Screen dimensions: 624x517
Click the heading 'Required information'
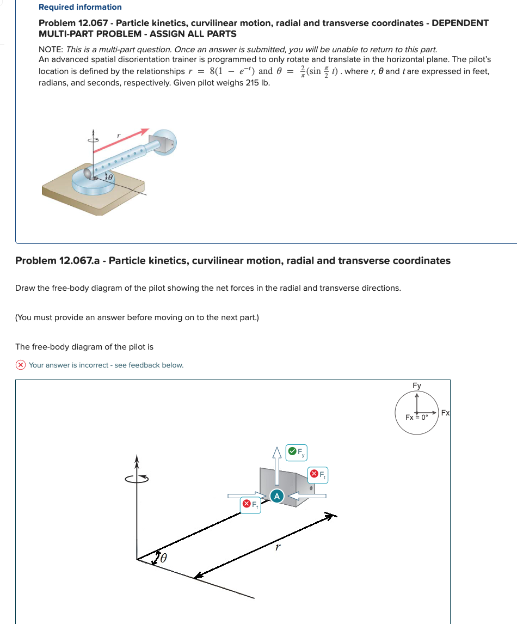pyautogui.click(x=80, y=7)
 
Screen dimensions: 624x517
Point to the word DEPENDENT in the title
pyautogui.click(x=460, y=23)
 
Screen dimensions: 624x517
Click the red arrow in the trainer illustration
pyautogui.click(x=122, y=139)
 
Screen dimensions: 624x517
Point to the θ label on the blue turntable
pyautogui.click(x=109, y=178)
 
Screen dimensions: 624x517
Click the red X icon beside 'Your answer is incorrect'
pyautogui.click(x=21, y=365)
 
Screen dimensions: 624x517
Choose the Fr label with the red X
pyautogui.click(x=251, y=505)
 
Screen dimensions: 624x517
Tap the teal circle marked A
pyautogui.click(x=277, y=496)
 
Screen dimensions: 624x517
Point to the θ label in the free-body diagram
pyautogui.click(x=162, y=558)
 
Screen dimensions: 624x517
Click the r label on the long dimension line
pyautogui.click(x=278, y=547)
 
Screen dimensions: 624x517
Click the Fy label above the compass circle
pyautogui.click(x=416, y=386)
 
